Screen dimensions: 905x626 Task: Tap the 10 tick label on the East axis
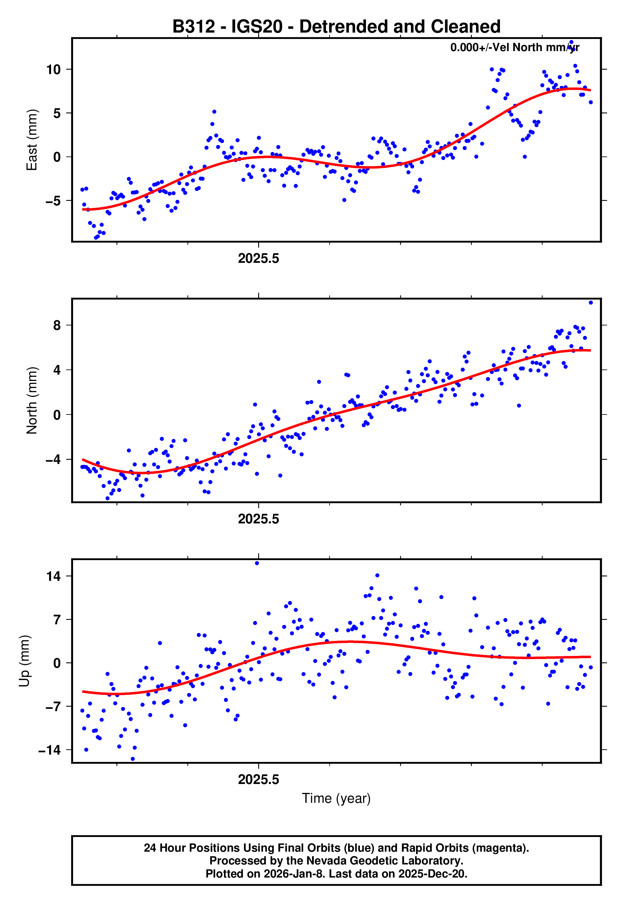click(53, 70)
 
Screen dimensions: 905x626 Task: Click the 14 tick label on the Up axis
click(53, 576)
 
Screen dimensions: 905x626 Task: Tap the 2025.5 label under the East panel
click(258, 259)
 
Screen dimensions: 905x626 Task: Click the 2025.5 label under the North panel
click(258, 519)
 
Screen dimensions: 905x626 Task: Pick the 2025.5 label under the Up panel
click(258, 780)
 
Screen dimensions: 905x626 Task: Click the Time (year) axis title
click(336, 799)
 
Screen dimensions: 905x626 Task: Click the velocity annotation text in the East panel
click(514, 48)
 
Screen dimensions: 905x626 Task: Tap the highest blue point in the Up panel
click(257, 563)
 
